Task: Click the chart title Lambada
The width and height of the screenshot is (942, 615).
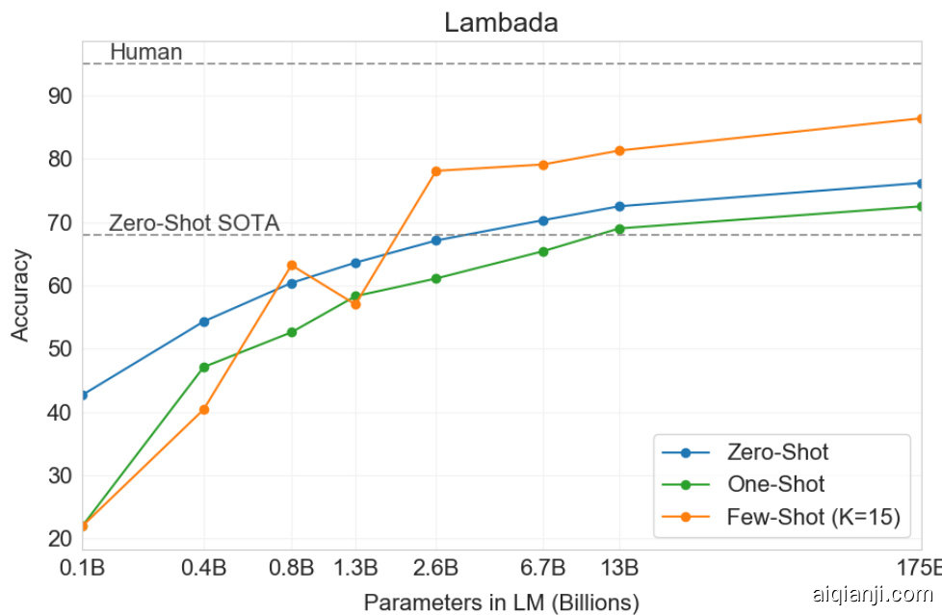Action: coord(501,23)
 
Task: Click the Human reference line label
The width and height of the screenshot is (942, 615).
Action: coord(145,52)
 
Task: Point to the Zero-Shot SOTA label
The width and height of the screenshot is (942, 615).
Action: coord(194,223)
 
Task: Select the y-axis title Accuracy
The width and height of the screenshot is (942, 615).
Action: coord(20,295)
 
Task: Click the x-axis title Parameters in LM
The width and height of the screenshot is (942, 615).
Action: coord(501,603)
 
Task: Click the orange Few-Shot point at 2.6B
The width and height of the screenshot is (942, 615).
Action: coord(435,170)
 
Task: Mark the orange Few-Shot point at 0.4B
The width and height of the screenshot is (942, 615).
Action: coord(204,409)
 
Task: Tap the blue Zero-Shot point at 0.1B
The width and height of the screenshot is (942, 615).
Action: coord(83,395)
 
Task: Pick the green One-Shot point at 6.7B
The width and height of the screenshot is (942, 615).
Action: coord(543,251)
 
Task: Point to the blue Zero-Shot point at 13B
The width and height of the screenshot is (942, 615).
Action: coord(619,206)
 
